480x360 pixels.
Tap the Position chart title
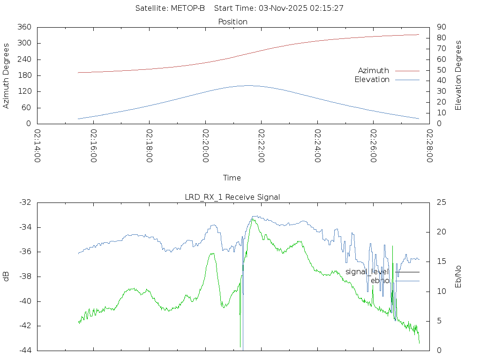click(233, 22)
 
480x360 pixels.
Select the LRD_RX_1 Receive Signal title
click(232, 197)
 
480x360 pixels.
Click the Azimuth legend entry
click(374, 70)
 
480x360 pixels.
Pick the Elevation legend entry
click(372, 80)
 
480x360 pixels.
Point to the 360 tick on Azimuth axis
click(24, 27)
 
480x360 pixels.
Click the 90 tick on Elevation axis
click(440, 27)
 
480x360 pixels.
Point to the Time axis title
click(232, 178)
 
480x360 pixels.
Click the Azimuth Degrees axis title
click(6, 75)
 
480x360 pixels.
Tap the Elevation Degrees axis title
click(458, 75)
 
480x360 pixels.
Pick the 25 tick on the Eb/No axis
click(441, 202)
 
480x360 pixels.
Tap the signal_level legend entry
click(367, 272)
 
